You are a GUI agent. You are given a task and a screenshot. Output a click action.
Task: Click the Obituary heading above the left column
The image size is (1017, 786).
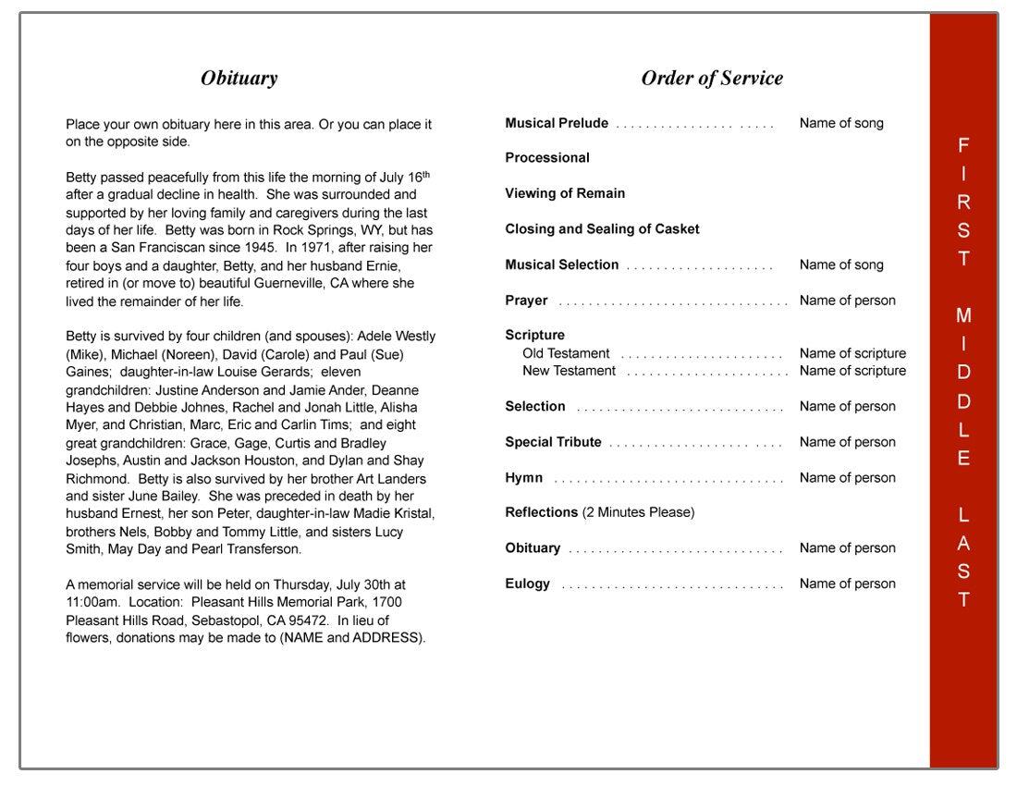[x=239, y=79]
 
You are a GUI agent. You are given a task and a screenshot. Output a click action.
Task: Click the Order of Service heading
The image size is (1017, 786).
[x=712, y=79]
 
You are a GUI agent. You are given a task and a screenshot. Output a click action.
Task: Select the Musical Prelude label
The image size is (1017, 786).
[x=557, y=123]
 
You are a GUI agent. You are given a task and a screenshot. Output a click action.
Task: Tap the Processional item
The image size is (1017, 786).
[x=547, y=158]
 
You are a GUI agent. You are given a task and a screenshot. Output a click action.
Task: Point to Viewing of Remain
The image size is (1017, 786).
[x=565, y=193]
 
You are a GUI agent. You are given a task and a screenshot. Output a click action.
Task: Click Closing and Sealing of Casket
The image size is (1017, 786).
[x=602, y=229]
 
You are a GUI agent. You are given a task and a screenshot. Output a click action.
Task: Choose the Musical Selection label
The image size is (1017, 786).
[x=561, y=264]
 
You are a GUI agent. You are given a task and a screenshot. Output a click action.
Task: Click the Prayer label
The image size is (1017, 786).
[x=526, y=301]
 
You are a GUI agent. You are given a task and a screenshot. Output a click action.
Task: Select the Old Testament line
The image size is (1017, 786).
[x=566, y=353]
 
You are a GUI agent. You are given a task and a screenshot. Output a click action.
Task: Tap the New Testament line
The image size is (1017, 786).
[x=569, y=371]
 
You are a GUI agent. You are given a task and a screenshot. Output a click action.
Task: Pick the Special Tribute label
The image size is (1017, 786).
[x=553, y=442]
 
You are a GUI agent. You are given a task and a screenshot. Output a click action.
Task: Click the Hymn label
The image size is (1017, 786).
[x=523, y=478]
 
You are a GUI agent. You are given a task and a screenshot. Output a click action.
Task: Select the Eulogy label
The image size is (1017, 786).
[x=527, y=583]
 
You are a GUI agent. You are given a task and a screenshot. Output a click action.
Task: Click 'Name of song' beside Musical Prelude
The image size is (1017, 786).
[x=841, y=123]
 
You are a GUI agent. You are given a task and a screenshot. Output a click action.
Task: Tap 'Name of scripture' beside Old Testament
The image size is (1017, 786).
[x=852, y=353]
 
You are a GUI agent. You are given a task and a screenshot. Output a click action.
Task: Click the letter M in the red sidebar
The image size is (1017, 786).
[x=963, y=316]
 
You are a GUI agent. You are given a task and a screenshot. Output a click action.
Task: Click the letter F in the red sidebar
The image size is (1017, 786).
[x=963, y=145]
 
